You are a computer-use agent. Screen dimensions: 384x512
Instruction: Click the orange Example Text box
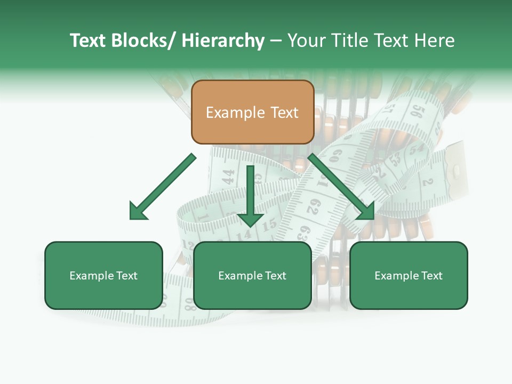tap(252, 112)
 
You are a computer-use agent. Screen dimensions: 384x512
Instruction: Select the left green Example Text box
tap(103, 275)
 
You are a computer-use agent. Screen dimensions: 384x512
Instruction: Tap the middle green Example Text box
tap(252, 275)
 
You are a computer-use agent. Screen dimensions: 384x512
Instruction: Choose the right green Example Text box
tap(409, 275)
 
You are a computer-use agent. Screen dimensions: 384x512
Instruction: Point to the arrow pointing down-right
tap(341, 187)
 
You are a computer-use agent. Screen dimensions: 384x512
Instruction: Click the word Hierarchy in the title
tap(223, 41)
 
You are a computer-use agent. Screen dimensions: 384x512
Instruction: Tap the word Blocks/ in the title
tap(145, 41)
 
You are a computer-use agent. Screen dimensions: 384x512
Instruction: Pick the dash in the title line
tap(276, 41)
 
